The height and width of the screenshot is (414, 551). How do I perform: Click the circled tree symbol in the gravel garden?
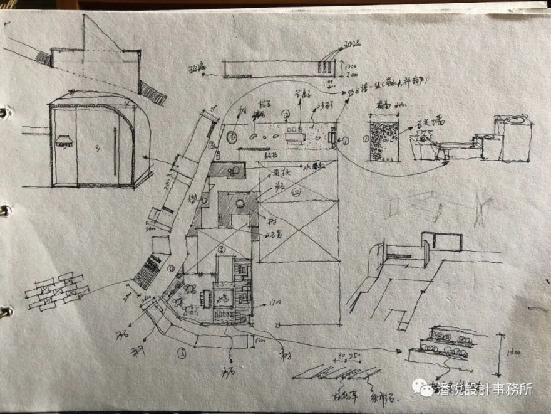click(x=232, y=135)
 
